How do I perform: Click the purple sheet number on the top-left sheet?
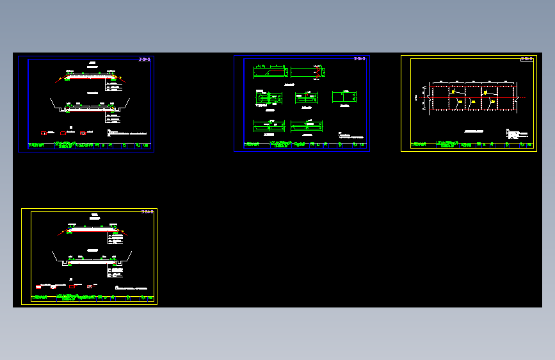145,60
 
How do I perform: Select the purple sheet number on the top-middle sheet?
360,59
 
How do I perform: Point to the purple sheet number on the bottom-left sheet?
147,211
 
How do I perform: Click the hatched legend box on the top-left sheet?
83,133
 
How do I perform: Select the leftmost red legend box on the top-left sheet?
44,133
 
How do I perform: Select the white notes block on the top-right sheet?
517,135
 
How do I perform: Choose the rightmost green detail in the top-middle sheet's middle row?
344,97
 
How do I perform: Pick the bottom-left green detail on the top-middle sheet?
269,126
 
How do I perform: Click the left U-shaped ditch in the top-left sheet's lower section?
63,110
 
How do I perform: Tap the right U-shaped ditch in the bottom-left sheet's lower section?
118,263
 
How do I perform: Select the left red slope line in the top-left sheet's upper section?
59,79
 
